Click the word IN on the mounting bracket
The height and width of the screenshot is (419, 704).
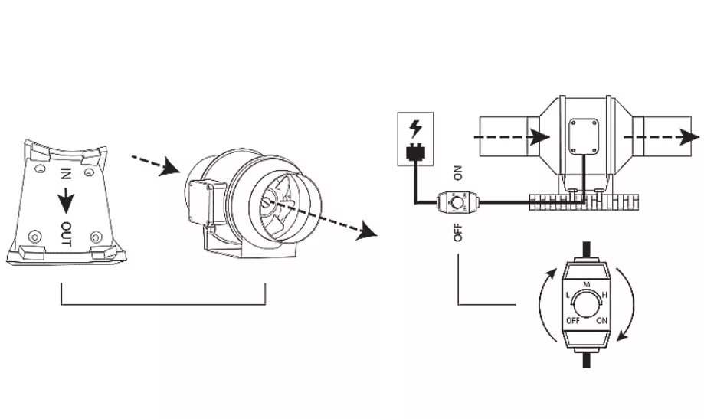66,174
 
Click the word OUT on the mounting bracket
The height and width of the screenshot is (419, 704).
66,234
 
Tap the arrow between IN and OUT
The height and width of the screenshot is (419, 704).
66,200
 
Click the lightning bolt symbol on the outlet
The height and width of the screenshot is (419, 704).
416,129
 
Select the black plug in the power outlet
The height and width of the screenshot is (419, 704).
415,152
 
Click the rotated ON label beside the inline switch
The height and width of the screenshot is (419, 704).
457,173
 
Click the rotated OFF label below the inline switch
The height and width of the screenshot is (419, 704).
457,231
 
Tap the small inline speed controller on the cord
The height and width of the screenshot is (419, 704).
457,202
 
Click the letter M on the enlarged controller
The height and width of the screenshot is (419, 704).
586,284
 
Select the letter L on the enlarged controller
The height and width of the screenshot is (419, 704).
568,296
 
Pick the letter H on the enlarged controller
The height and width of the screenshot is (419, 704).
604,296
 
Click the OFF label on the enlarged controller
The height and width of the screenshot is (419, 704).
573,321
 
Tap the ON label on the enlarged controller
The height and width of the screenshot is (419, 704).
601,321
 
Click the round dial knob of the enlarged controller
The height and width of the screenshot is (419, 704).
586,306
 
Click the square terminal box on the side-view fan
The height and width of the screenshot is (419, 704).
584,136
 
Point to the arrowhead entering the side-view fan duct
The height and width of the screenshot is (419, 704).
539,136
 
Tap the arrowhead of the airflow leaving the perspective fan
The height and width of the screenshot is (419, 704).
367,231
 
